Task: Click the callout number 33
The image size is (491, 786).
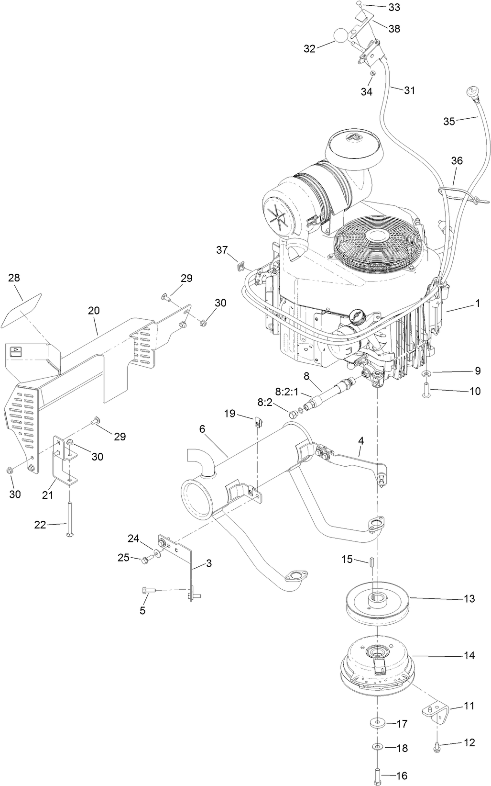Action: (x=394, y=7)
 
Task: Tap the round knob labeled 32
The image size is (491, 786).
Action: (x=340, y=36)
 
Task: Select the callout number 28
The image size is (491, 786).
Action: (x=14, y=278)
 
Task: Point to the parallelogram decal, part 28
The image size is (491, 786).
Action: (x=22, y=311)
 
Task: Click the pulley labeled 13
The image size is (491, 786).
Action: (x=376, y=604)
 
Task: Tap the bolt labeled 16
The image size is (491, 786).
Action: (x=377, y=773)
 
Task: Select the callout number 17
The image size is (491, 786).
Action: (x=402, y=724)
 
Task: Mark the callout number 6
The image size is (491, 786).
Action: (x=202, y=429)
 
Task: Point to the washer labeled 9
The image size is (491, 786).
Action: (x=426, y=374)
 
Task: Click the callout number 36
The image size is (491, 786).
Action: (x=457, y=161)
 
